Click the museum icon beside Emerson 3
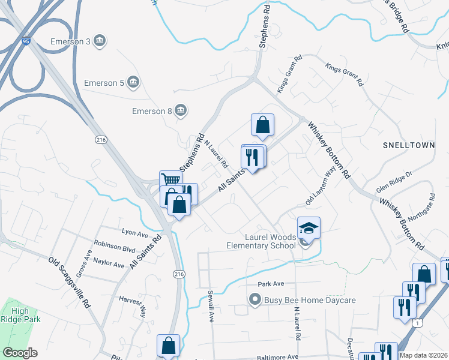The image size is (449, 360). pyautogui.click(x=100, y=41)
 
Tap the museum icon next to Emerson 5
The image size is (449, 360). pyautogui.click(x=133, y=82)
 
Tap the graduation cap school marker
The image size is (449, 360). pyautogui.click(x=309, y=227)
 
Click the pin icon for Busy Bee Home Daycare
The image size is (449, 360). pyautogui.click(x=255, y=299)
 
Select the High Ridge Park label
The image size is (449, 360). pyautogui.click(x=20, y=316)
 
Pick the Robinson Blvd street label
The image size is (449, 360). pyautogui.click(x=115, y=247)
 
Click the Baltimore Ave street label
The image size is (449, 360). pyautogui.click(x=278, y=356)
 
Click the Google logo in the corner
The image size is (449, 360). pyautogui.click(x=20, y=353)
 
